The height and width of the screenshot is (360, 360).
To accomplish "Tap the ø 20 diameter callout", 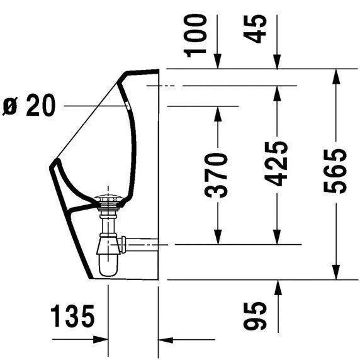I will click(x=30, y=106).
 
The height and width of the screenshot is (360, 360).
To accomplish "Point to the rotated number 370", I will click(x=217, y=174).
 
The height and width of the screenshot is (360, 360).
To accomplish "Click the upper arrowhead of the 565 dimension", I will click(x=337, y=75).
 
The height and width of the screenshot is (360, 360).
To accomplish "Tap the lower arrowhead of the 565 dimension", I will click(x=337, y=271).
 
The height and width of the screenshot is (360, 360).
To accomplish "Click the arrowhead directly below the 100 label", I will click(x=218, y=62).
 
